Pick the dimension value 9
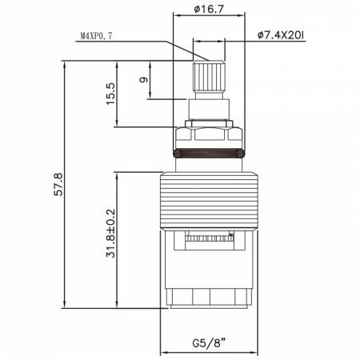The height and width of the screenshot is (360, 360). click(143, 81)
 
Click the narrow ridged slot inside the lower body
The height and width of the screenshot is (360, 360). click(210, 238)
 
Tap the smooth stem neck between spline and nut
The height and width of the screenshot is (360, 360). click(210, 106)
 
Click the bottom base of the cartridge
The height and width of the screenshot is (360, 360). click(210, 300)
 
